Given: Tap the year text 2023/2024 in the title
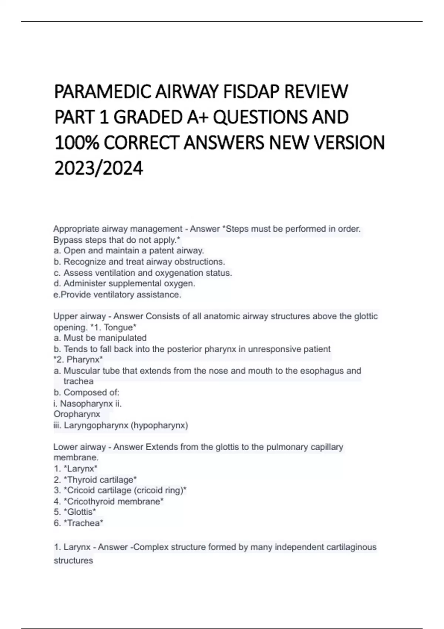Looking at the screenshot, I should (98, 168).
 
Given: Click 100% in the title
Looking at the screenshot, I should (76, 143).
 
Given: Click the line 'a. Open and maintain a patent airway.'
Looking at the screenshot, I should (129, 250).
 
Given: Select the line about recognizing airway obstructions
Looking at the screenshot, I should (139, 262).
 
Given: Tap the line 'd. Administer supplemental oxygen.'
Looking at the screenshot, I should (124, 283).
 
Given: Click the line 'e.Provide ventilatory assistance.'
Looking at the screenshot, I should (117, 295).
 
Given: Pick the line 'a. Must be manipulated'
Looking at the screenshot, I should (100, 338).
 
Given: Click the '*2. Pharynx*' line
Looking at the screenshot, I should (78, 359).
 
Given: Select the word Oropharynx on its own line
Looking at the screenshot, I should (77, 414).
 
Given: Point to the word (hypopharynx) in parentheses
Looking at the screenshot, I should (159, 425).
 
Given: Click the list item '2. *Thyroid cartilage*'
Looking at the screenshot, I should (95, 480).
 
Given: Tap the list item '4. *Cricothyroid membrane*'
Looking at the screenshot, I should (108, 501).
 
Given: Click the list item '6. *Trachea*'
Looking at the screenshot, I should (78, 523).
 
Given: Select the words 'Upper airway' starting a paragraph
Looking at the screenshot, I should (80, 316).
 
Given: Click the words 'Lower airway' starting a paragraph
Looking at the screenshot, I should (80, 447).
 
